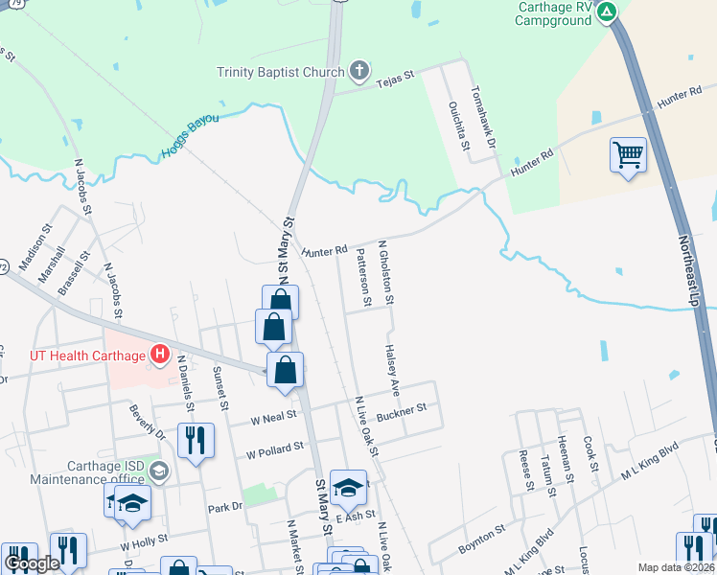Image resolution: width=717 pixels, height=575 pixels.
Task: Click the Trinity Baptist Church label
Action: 280,72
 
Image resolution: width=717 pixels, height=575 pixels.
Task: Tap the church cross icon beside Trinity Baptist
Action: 359,70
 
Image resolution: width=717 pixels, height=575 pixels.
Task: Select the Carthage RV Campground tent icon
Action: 607,11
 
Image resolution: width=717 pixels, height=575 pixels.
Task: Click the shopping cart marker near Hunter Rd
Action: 628,154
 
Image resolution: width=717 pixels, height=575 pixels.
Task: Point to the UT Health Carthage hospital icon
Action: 159,356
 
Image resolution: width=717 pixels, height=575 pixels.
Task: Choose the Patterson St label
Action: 363,278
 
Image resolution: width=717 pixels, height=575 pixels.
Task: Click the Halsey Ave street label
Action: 391,372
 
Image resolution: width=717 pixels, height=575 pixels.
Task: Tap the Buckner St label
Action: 401,411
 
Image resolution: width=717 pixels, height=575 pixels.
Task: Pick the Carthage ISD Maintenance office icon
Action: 159,471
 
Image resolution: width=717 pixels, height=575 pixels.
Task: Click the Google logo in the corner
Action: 32,563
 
